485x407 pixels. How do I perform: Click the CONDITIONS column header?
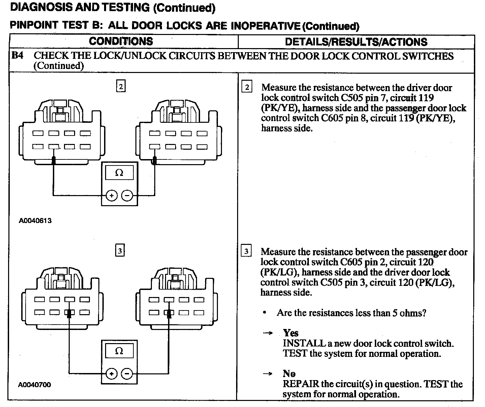(121, 41)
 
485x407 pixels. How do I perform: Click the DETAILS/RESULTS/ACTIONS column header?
(356, 42)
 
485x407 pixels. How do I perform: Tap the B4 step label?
(18, 55)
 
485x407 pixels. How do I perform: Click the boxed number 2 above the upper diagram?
(121, 87)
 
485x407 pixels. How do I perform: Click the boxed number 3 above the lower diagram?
(120, 251)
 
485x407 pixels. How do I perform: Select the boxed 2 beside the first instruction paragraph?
(247, 87)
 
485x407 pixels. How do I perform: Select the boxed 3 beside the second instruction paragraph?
(247, 251)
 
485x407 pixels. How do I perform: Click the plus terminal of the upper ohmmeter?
(112, 195)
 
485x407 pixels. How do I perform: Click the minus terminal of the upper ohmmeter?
(127, 195)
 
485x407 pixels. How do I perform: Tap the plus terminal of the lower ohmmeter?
(111, 373)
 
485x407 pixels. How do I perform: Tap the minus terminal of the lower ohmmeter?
(127, 373)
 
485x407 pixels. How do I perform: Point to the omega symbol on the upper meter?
(119, 173)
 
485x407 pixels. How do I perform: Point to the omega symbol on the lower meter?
(119, 351)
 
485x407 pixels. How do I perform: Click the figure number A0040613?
(35, 221)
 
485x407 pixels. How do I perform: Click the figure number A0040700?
(35, 384)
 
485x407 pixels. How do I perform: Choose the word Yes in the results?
(291, 333)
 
